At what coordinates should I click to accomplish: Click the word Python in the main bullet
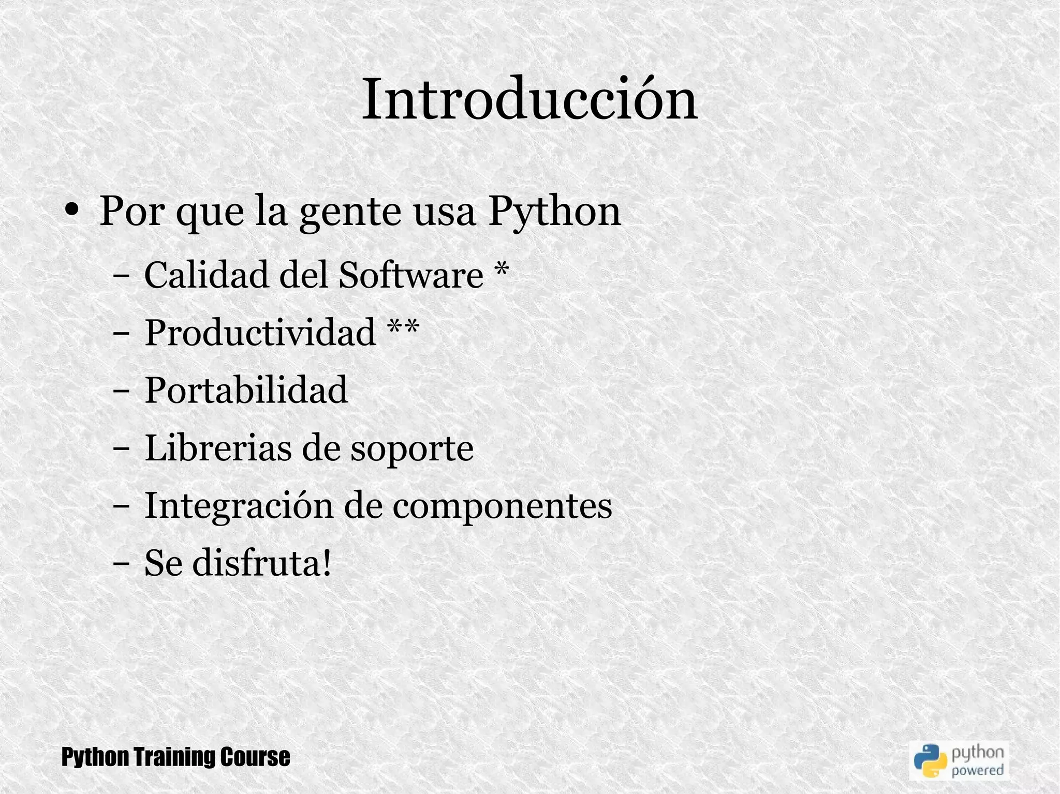point(554,212)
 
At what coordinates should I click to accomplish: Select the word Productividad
point(260,332)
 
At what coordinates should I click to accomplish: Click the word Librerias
point(217,447)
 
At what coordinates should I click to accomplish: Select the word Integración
point(238,506)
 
